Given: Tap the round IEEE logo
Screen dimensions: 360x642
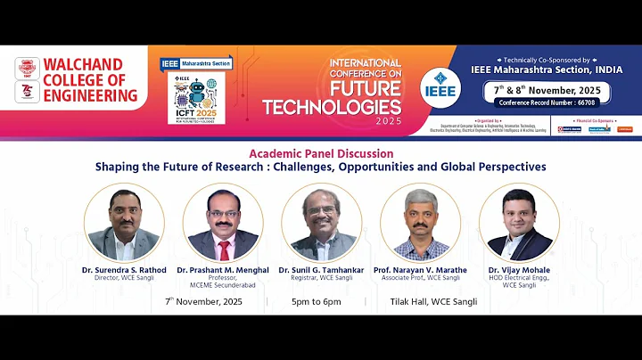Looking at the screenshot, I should [x=440, y=84].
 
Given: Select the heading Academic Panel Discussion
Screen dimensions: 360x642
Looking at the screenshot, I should [x=320, y=153].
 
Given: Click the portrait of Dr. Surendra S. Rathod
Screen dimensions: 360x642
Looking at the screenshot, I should [x=123, y=223].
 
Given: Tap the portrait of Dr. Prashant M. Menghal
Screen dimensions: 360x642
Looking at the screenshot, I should [x=222, y=223].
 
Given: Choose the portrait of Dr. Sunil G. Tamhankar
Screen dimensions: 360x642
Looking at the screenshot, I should [x=321, y=223].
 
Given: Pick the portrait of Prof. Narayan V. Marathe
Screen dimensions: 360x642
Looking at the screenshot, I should [x=420, y=223].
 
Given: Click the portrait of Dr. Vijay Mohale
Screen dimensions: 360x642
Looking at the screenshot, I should [x=519, y=223].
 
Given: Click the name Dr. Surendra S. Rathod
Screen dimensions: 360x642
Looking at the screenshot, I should [x=123, y=270].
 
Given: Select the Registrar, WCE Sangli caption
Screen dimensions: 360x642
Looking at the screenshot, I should [x=321, y=278].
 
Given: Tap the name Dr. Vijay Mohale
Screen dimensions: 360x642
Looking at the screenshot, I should [x=519, y=270].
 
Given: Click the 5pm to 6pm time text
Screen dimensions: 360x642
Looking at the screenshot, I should [x=316, y=302].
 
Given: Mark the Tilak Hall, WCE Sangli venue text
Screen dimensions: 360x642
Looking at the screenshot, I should [x=433, y=302].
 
